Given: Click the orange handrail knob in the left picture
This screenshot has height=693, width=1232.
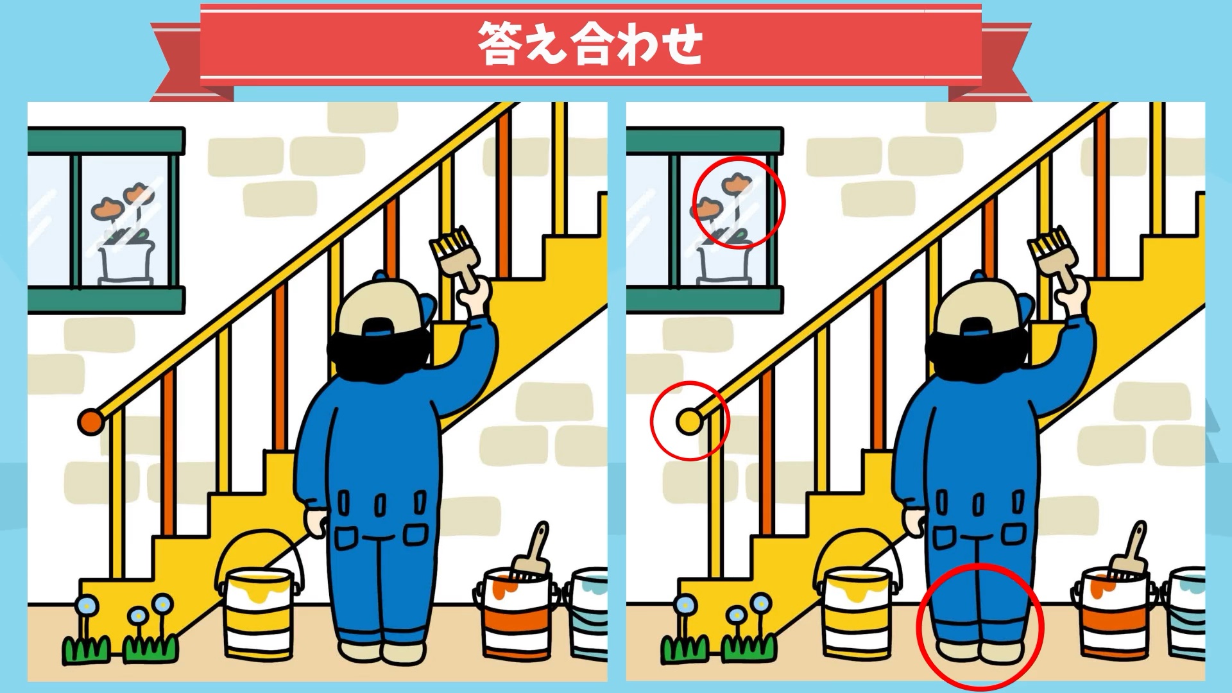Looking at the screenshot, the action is coord(90,422).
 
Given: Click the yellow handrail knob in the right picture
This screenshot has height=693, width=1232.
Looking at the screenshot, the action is coord(689,422).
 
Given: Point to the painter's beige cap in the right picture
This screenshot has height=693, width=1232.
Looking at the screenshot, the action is coord(976,308).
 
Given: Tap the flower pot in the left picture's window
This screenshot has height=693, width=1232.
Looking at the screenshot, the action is coord(126,263).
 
